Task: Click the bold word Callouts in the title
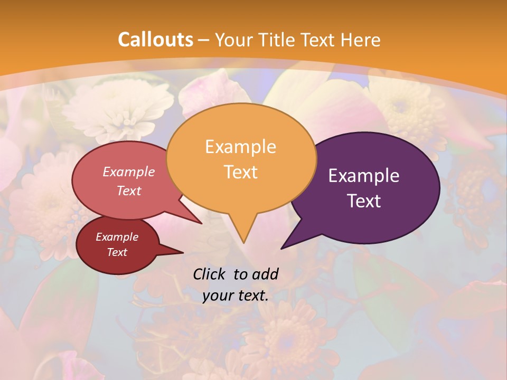tap(155, 40)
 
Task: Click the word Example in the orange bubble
tap(240, 147)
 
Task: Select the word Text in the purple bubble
tap(364, 201)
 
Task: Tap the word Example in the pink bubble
tap(128, 172)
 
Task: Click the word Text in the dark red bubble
tap(117, 252)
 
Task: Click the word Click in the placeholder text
tap(210, 273)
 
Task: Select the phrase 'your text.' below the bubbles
tap(235, 296)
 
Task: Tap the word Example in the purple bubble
tap(364, 176)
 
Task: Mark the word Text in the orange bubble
tap(240, 172)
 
